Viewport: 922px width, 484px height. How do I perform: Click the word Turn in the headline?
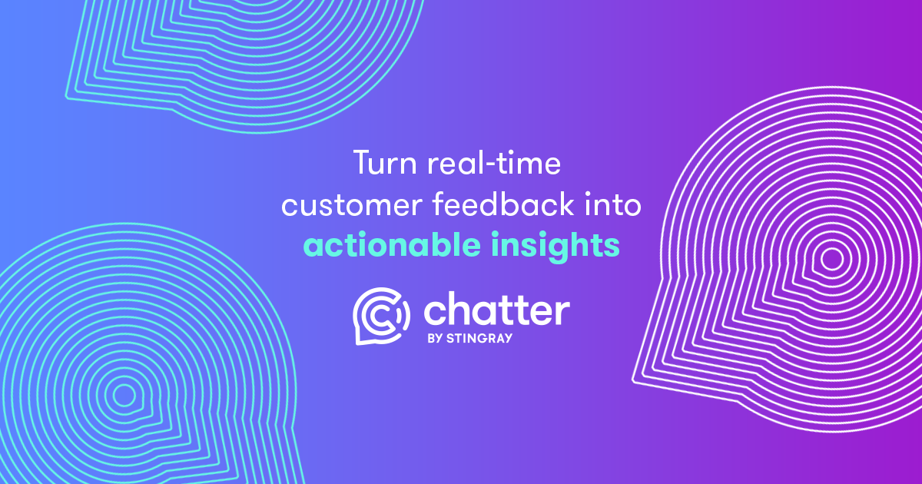385,163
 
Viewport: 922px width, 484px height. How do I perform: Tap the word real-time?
494,163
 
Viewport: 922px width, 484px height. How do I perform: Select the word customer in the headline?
352,205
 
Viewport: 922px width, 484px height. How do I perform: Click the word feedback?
503,204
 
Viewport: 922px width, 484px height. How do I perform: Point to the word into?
613,204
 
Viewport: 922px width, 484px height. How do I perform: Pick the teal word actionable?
392,244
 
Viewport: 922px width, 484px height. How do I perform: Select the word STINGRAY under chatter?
479,338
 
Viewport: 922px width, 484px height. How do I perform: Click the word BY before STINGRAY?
435,338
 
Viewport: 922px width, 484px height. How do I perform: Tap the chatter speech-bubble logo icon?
381,316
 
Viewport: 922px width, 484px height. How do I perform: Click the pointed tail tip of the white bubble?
633,382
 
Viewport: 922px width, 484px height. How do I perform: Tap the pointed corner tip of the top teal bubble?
67,97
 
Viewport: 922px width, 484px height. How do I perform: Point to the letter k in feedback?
565,204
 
